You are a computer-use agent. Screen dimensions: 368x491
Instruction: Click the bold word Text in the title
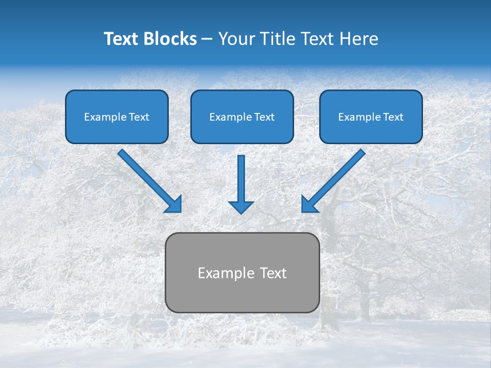(x=120, y=39)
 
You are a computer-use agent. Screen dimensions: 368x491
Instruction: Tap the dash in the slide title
(x=207, y=39)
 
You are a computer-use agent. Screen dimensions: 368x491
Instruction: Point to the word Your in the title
(x=236, y=39)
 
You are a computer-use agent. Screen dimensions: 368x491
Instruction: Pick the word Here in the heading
(x=360, y=39)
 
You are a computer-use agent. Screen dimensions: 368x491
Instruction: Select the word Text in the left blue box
(x=139, y=117)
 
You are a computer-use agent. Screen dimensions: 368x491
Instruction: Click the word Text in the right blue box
(x=393, y=117)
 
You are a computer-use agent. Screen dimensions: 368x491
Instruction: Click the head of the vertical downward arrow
(x=241, y=207)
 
